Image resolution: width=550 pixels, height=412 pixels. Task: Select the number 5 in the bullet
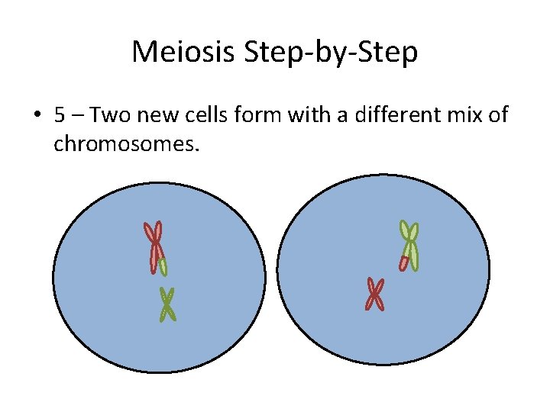(x=59, y=115)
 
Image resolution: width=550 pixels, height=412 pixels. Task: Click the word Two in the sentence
(x=108, y=115)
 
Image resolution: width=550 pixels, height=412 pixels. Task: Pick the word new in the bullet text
(x=150, y=115)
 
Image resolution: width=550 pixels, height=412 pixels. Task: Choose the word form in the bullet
(x=239, y=115)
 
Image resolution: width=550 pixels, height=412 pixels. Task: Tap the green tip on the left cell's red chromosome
(x=163, y=267)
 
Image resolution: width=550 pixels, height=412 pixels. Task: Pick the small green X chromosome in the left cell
(x=167, y=304)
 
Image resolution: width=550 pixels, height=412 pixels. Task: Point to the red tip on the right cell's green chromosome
(x=403, y=263)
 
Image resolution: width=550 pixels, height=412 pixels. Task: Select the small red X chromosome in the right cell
(x=374, y=294)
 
